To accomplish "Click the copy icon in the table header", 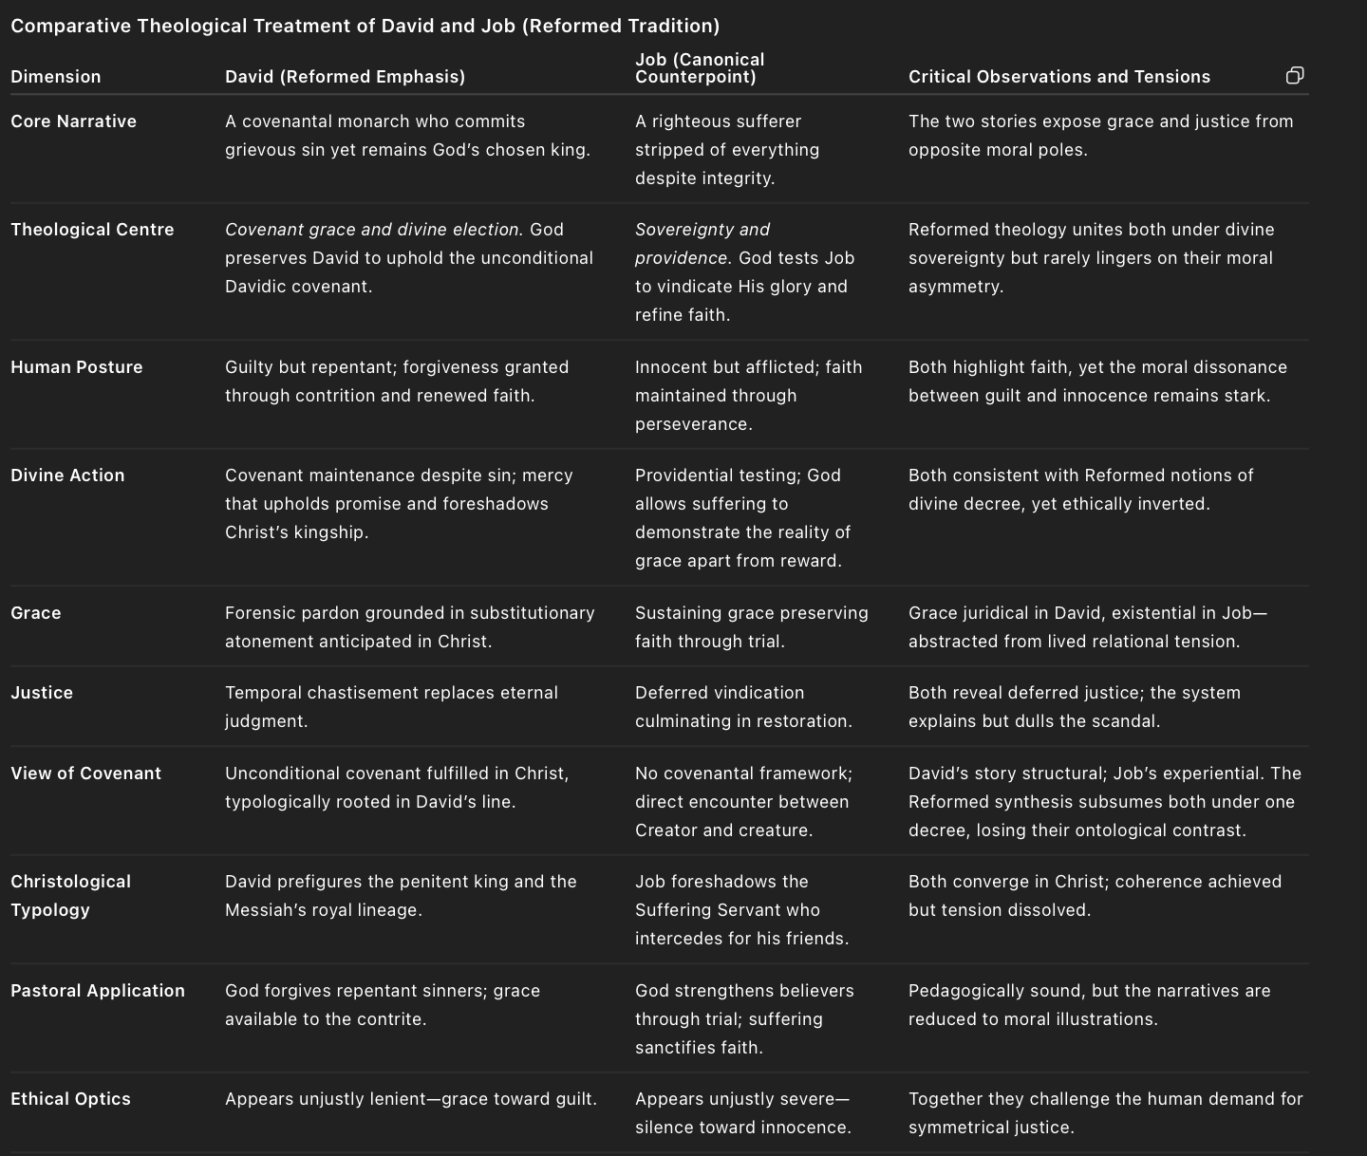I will coord(1295,76).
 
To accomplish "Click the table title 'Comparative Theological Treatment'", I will coord(365,26).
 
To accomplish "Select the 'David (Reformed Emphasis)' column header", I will coord(345,77).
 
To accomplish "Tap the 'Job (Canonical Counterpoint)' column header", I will coord(700,68).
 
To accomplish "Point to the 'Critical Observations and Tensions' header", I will coord(1058,77).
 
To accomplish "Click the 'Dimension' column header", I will coord(56,77).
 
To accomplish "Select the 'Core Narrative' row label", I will coord(73,121).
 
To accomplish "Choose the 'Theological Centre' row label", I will coord(92,230).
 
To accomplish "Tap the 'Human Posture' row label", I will coord(76,367).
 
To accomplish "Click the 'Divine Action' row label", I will coord(67,475).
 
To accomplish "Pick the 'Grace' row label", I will coord(36,613).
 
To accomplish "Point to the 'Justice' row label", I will coord(42,693).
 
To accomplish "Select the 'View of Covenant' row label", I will coord(85,774).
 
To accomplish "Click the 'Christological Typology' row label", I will coord(70,895).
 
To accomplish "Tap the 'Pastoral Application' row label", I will coord(98,991).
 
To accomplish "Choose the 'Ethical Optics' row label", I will coord(70,1099).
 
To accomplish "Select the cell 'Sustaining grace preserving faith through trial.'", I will coord(751,627).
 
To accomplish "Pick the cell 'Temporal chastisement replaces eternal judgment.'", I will coord(391,707).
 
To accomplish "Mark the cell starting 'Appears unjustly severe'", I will coord(742,1113).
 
